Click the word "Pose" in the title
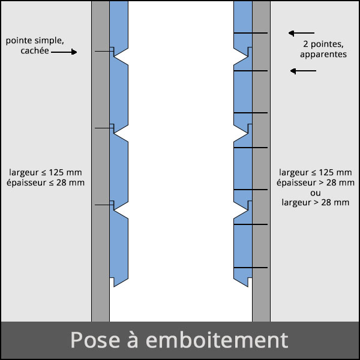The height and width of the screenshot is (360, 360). pyautogui.click(x=91, y=340)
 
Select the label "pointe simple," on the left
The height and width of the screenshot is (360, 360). pyautogui.click(x=34, y=41)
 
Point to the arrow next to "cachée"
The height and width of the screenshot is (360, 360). pyautogui.click(x=64, y=52)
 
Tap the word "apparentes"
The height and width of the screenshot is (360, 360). pyautogui.click(x=323, y=54)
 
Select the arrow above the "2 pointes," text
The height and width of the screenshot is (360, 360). pyautogui.click(x=301, y=32)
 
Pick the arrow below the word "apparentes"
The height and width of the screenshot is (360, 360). pyautogui.click(x=303, y=71)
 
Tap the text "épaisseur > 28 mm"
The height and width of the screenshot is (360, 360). pyautogui.click(x=315, y=182)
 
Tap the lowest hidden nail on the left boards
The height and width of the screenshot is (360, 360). pyautogui.click(x=104, y=205)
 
